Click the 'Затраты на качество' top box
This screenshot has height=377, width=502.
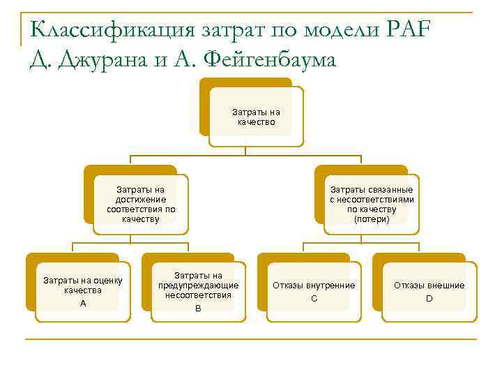point(256,117)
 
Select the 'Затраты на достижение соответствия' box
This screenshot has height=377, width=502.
point(141,204)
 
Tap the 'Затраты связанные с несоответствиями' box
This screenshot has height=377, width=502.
point(372,204)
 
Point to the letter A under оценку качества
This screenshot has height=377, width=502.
point(83,304)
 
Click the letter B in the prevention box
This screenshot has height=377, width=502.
point(198,309)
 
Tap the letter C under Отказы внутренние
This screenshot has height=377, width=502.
point(314,299)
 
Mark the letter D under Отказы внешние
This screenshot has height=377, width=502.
point(429,299)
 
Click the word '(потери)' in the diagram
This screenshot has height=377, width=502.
point(372,219)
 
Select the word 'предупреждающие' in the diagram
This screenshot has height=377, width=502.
point(199,286)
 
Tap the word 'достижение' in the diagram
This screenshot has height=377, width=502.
point(141,199)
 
